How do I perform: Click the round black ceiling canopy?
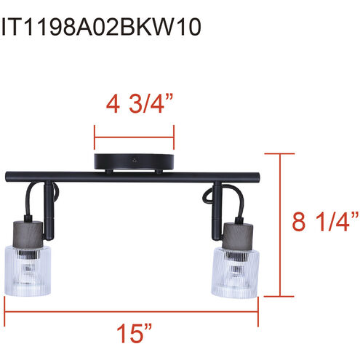[x=134, y=161]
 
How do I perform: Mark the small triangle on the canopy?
[x=135, y=157]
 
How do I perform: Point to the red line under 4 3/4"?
[x=134, y=134]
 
